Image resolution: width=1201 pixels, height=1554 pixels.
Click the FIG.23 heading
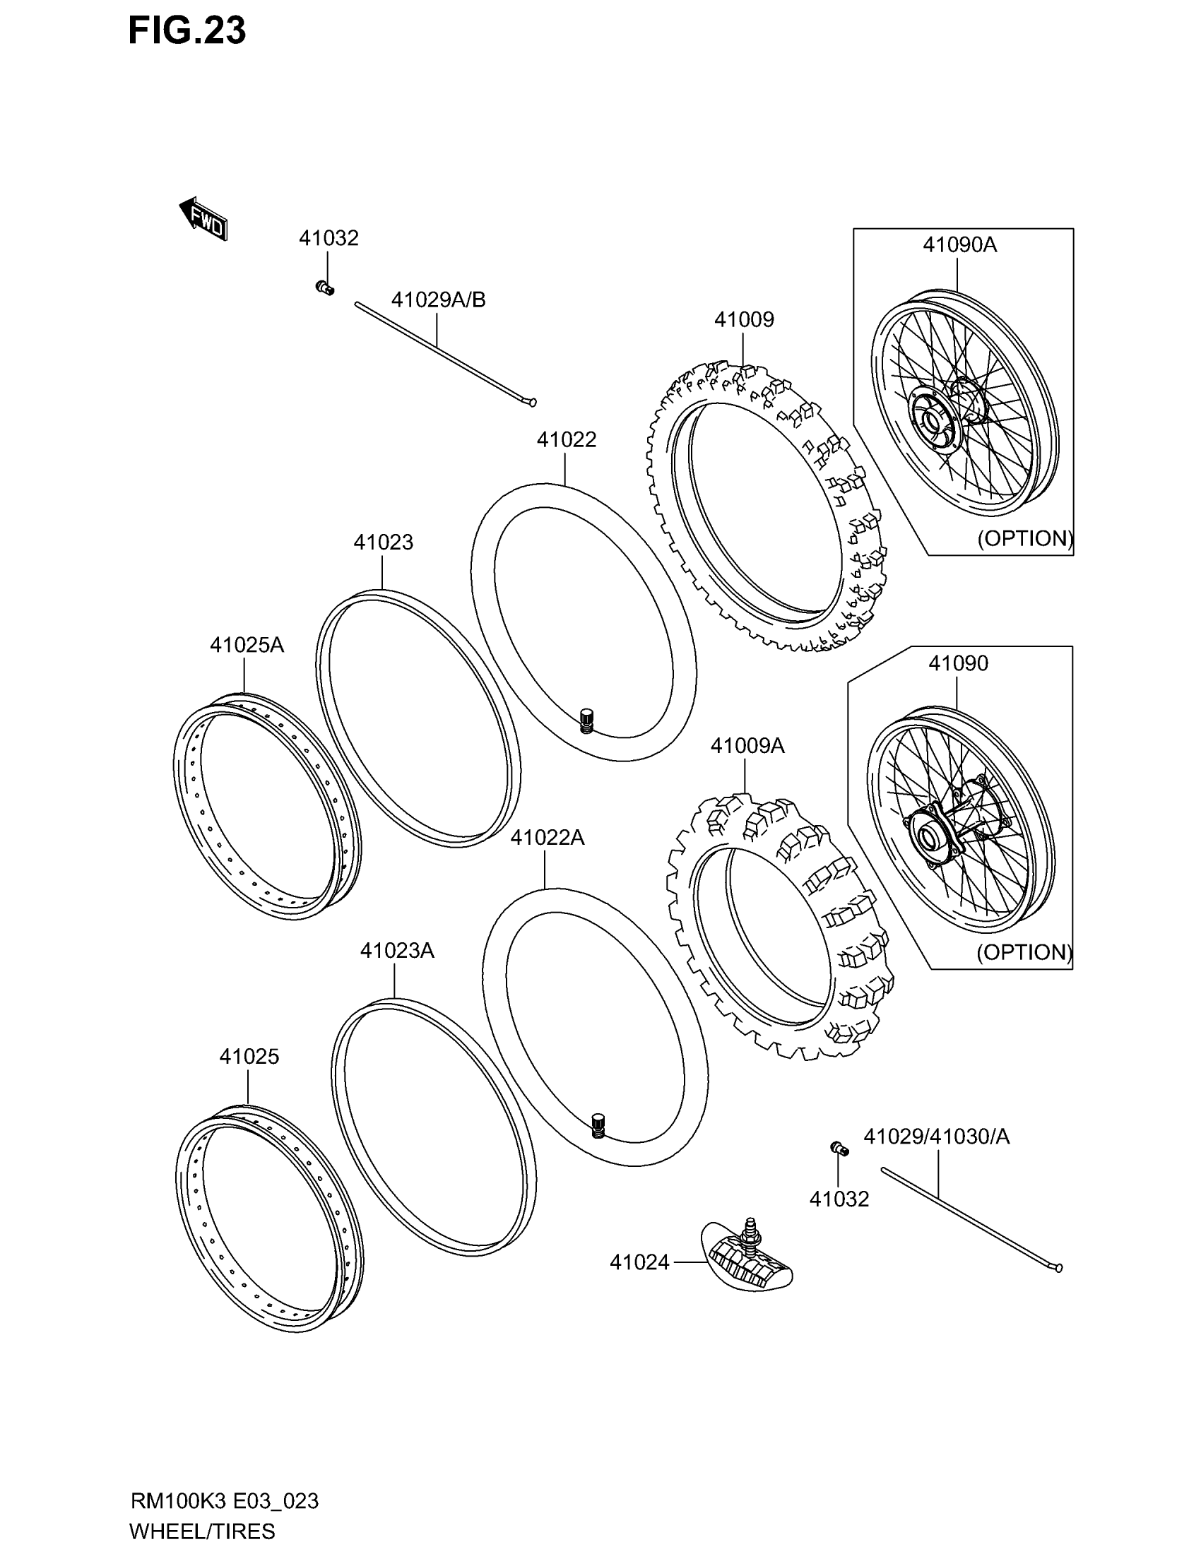pyautogui.click(x=187, y=31)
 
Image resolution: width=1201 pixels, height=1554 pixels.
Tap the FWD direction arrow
pyautogui.click(x=203, y=220)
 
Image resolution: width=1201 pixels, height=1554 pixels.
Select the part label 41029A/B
pyautogui.click(x=438, y=300)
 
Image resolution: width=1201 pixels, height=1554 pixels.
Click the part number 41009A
pyautogui.click(x=747, y=746)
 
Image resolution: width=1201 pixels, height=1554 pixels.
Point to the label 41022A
pyautogui.click(x=547, y=838)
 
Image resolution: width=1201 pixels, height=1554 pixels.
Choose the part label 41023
pyautogui.click(x=383, y=542)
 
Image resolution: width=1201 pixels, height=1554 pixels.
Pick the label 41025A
pyautogui.click(x=246, y=646)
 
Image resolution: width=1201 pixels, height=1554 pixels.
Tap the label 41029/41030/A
pyautogui.click(x=936, y=1137)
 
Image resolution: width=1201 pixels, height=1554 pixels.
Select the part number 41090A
pyautogui.click(x=959, y=246)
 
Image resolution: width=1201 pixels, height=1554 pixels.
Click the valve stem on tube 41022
pyautogui.click(x=587, y=720)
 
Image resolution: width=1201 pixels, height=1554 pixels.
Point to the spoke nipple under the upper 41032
pyautogui.click(x=325, y=287)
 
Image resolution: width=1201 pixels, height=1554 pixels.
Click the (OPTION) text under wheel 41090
pyautogui.click(x=1024, y=952)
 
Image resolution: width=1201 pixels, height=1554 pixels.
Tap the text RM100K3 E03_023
pyautogui.click(x=224, y=1501)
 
